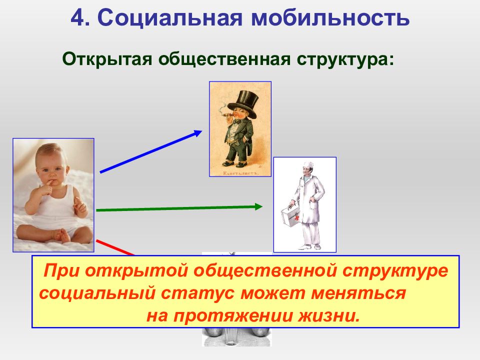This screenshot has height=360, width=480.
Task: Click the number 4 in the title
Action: click(x=77, y=18)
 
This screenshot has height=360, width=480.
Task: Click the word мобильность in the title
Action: click(x=330, y=18)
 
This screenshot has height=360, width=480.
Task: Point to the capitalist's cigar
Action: click(x=228, y=115)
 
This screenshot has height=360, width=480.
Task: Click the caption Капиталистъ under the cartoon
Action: click(x=241, y=173)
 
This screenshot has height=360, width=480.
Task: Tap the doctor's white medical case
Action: click(x=290, y=215)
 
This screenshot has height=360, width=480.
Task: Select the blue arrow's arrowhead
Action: click(x=197, y=133)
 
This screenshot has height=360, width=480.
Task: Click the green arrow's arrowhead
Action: click(x=258, y=206)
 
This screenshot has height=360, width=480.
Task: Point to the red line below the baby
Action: click(x=115, y=247)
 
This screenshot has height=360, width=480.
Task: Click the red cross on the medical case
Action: click(x=296, y=217)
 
